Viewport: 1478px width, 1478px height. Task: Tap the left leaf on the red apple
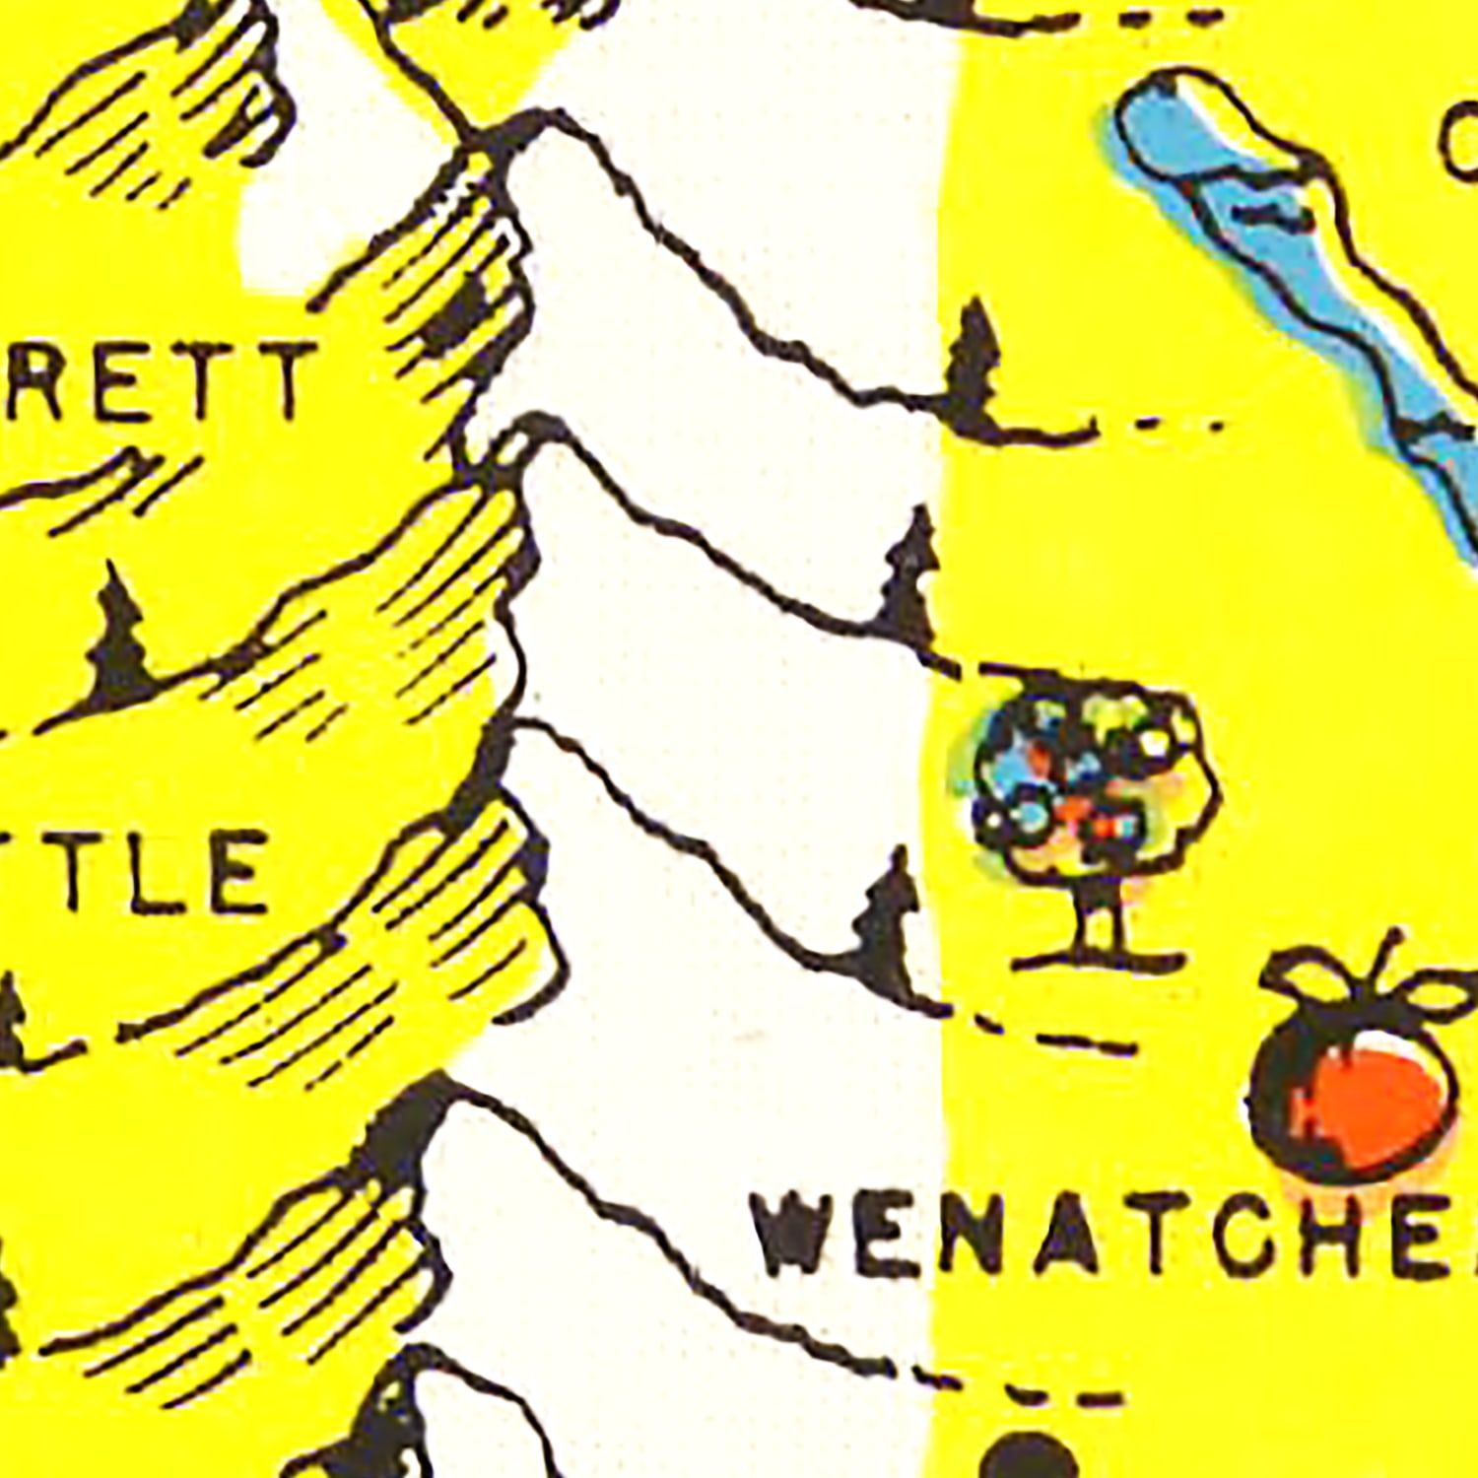[1301, 975]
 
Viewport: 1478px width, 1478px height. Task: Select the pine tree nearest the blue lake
[975, 369]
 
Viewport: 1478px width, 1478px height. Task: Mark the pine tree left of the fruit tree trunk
[887, 921]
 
